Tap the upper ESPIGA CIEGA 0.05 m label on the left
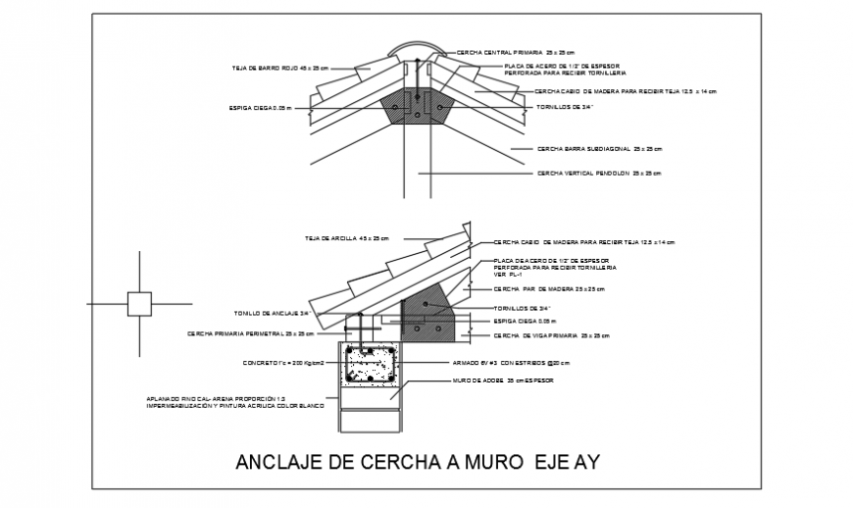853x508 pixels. (x=261, y=107)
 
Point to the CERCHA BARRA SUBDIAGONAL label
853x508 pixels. (x=599, y=149)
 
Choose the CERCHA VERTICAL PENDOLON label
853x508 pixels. (x=598, y=173)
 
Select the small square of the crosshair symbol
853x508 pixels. (x=139, y=304)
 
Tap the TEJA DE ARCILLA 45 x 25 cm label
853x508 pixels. (x=346, y=238)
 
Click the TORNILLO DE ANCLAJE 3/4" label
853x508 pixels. (x=272, y=314)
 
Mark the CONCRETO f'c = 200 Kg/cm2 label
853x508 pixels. (x=283, y=362)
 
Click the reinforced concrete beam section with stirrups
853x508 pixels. (x=371, y=365)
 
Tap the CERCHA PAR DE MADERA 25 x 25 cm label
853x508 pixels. (x=549, y=289)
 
